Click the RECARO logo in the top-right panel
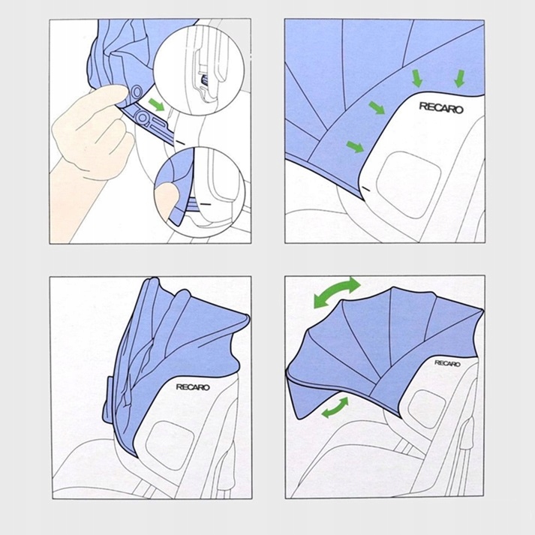point(440,108)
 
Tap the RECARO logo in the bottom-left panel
point(193,387)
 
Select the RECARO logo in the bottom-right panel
point(447,363)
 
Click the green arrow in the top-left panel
point(157,105)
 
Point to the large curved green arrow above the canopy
point(337,292)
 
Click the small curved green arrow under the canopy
point(335,408)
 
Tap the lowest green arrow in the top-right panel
point(355,147)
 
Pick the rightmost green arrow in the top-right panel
point(460,78)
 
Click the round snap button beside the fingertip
point(137,92)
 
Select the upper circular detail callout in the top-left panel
point(199,71)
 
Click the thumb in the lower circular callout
point(166,200)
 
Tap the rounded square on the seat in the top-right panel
point(408,185)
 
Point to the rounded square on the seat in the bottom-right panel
point(426,409)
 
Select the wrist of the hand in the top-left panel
point(70,177)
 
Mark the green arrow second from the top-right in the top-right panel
point(417,78)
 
